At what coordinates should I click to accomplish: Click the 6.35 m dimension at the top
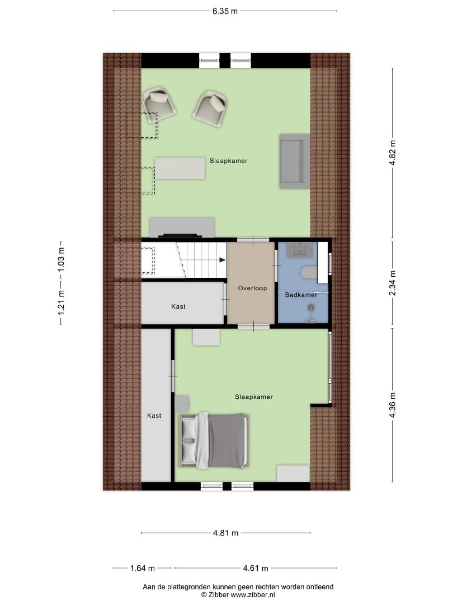point(225,11)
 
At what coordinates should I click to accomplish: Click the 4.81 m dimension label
point(225,533)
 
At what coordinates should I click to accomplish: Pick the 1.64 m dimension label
point(142,568)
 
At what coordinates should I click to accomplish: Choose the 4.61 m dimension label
point(256,568)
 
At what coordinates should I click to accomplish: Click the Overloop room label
point(252,288)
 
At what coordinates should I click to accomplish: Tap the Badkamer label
point(301,295)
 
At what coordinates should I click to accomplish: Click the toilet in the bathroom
point(308,273)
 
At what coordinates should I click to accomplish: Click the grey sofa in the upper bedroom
point(294,161)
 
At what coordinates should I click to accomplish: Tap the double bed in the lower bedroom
point(213,441)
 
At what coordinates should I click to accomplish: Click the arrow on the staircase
point(222,260)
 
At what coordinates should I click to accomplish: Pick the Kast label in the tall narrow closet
point(154,416)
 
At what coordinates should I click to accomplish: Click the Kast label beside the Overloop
point(178,306)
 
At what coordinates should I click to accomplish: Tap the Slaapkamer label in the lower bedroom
point(254,397)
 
